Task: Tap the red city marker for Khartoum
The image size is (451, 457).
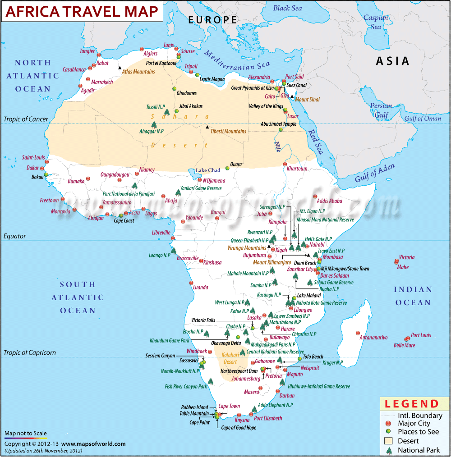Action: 285,164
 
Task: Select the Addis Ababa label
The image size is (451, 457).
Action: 330,201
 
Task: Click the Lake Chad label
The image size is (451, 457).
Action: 207,170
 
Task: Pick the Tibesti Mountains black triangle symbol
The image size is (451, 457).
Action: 207,128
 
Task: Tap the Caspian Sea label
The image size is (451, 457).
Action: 376,23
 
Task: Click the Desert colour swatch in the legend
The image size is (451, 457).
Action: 388,441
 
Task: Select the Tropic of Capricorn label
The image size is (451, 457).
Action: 30,352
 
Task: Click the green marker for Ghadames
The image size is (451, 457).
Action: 175,88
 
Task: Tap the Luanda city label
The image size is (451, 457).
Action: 200,287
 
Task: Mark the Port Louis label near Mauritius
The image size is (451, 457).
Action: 421,335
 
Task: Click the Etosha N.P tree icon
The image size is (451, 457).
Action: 207,334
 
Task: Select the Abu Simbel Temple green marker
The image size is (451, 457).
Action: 280,129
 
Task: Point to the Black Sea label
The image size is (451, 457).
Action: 287,8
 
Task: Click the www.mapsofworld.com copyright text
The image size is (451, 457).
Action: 93,444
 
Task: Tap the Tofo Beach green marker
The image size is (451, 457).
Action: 299,359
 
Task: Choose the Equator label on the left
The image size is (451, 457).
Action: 15,236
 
